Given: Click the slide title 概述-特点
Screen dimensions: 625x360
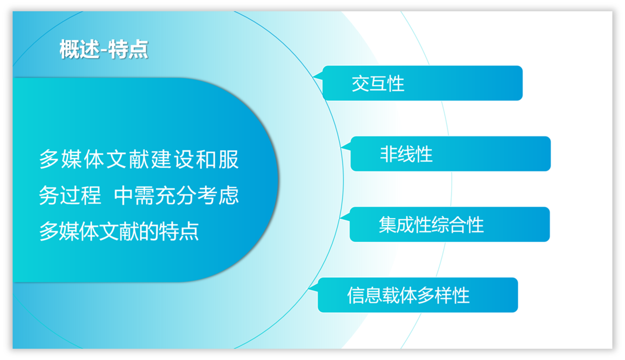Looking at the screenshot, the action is tap(104, 49).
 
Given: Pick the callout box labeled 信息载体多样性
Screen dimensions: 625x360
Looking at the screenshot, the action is tap(413, 295).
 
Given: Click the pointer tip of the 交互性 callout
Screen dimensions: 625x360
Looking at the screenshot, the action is tap(313, 76).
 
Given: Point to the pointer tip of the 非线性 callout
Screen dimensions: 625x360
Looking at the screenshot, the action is tap(341, 147).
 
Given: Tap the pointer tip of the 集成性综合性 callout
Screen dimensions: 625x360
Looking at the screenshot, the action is tap(340, 217).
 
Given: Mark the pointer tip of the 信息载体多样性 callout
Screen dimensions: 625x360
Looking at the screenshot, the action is tap(308, 288).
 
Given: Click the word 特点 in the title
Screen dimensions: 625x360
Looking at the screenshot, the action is tap(128, 49).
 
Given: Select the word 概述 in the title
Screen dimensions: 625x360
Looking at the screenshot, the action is tap(80, 49).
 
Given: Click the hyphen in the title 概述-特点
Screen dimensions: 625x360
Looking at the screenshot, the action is tap(104, 51).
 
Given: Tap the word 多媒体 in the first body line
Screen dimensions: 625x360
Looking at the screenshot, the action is tap(72, 159).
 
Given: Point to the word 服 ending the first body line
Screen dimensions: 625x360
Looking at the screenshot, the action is tap(229, 159).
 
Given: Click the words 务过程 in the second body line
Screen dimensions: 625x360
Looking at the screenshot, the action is tap(70, 195).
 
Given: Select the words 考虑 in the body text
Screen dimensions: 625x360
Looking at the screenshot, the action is tap(218, 195).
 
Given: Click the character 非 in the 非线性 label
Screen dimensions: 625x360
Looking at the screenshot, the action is tap(389, 154).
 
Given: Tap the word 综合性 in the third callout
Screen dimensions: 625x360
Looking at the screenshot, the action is tap(457, 225).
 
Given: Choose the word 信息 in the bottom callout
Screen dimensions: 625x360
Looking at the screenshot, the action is tap(364, 295).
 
